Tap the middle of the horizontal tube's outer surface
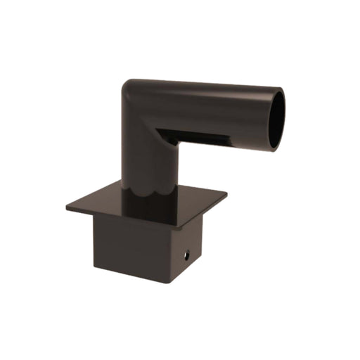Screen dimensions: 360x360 point(211,105)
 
